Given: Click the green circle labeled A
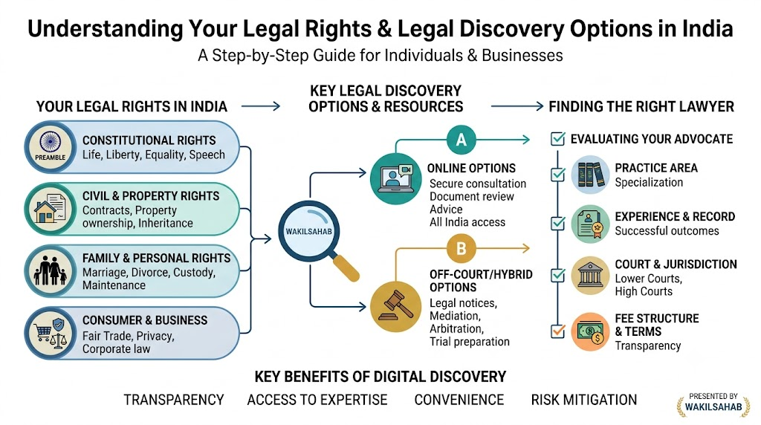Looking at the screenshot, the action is [461, 140].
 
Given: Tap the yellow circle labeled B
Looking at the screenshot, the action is [461, 248].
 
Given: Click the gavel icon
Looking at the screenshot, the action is [395, 307].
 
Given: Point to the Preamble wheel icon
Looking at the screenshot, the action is [51, 146].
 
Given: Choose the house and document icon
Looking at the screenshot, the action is [51, 209].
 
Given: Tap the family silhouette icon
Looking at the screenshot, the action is [51, 270].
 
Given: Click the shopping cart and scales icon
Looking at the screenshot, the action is [51, 333].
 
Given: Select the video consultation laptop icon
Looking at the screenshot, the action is [395, 178].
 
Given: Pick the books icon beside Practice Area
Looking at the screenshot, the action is [590, 175].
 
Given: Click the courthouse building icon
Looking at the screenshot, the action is [590, 276].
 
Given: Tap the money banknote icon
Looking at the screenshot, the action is [590, 332].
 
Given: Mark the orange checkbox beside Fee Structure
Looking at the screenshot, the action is [557, 331].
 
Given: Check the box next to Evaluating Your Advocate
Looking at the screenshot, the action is [557, 139].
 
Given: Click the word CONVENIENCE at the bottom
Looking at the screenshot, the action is [459, 400].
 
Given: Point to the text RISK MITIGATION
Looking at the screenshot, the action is [584, 400].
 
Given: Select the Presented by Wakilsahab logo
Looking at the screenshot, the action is [713, 403].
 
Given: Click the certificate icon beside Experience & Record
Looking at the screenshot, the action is [590, 224].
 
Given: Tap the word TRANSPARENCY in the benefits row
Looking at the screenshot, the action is [174, 400].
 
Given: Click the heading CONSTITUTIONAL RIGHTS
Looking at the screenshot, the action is [149, 140].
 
